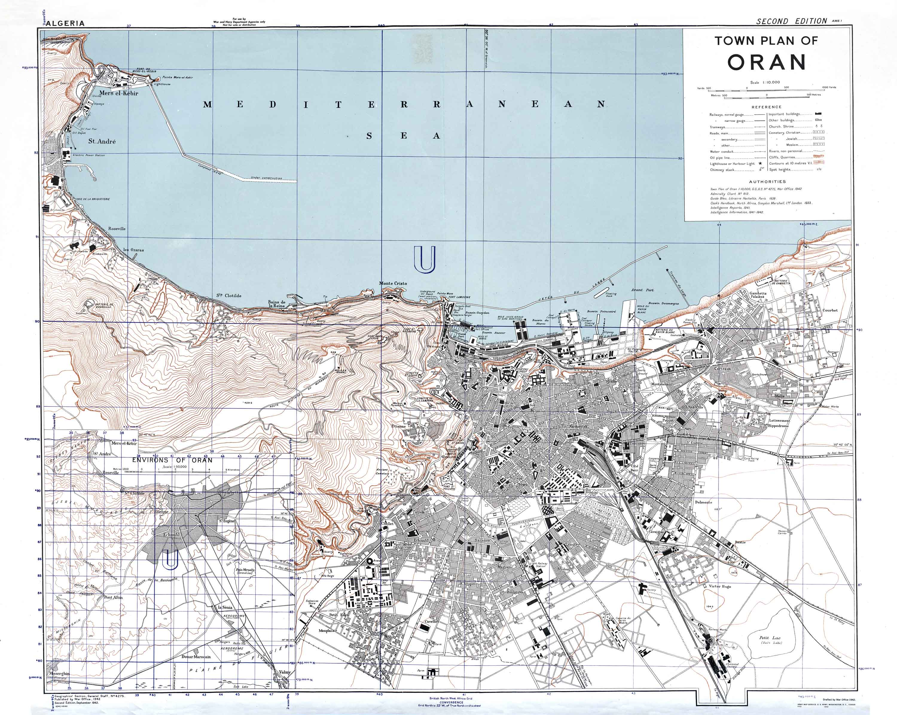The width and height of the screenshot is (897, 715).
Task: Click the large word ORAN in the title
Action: (766, 62)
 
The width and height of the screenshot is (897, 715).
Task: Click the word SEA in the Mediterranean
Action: (403, 136)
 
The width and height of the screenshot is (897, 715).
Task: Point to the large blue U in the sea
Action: (425, 259)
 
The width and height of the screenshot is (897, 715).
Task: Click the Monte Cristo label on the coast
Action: (393, 283)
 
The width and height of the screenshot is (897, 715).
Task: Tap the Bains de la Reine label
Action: (277, 304)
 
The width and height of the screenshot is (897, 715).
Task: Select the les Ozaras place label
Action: (134, 250)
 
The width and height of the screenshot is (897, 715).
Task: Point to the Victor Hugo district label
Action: (720, 586)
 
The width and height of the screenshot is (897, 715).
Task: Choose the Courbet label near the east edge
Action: (830, 310)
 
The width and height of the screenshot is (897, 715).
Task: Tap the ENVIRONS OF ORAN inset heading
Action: (172, 460)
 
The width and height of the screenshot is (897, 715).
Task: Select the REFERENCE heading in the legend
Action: (766, 107)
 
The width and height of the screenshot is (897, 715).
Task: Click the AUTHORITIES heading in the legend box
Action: (767, 182)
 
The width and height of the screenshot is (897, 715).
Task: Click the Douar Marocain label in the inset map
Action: (196, 657)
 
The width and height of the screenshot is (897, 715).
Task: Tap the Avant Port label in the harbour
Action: (642, 290)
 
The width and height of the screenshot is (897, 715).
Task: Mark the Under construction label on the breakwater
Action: (266, 178)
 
